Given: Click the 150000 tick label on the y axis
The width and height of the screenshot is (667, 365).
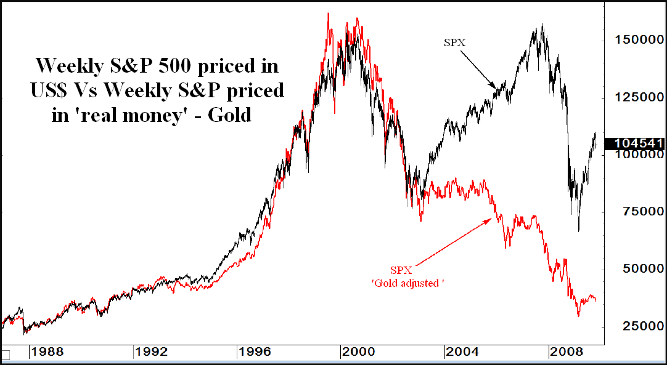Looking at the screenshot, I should [x=638, y=40].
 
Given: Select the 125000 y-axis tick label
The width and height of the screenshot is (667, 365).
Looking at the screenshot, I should [x=638, y=97].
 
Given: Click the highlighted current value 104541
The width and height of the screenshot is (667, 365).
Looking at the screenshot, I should [x=638, y=143].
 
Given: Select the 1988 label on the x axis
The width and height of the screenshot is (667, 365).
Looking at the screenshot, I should [x=47, y=353].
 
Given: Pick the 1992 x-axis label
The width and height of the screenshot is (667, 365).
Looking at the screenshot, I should [x=152, y=353].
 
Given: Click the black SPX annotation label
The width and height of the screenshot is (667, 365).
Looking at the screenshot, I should [x=454, y=42].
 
